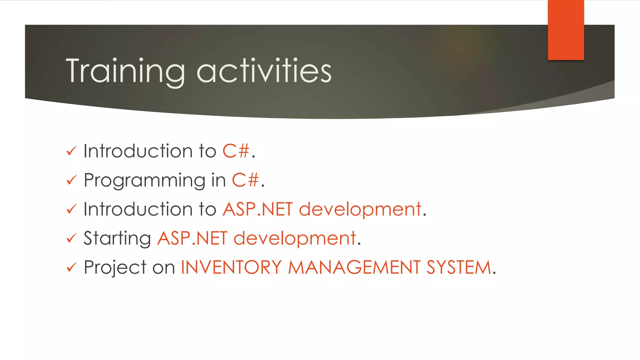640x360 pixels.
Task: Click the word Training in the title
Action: [125, 71]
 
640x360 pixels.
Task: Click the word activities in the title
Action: [264, 71]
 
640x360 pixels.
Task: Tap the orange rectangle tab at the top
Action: [566, 30]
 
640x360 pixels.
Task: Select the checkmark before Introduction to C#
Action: [72, 151]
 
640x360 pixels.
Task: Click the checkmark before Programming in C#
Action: [72, 180]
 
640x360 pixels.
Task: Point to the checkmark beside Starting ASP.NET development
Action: [72, 238]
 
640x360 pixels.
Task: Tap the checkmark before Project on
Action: [72, 267]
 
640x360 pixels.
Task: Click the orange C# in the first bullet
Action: [236, 151]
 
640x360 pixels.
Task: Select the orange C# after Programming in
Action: [245, 180]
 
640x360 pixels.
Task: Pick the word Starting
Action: [117, 239]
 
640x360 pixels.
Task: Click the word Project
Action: [115, 268]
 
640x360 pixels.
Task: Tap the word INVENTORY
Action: [231, 267]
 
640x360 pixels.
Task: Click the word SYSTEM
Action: [459, 267]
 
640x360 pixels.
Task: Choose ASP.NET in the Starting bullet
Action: [192, 238]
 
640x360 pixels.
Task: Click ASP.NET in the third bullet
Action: [257, 209]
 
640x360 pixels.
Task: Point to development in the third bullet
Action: [360, 209]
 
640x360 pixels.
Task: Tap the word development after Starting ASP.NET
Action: [295, 238]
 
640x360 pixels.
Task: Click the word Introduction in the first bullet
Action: [138, 151]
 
